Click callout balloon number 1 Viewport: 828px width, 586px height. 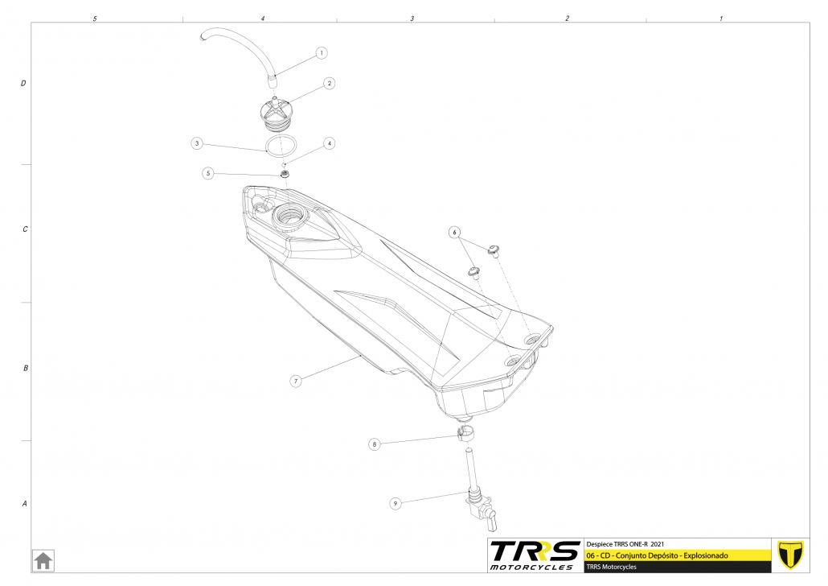click(322, 53)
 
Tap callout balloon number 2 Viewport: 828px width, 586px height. click(330, 83)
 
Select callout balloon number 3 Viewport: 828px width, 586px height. click(197, 143)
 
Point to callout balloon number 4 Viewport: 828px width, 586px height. click(330, 143)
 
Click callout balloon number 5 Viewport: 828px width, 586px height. click(208, 172)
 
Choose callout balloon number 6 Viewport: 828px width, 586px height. click(455, 232)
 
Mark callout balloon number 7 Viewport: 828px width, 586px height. click(296, 381)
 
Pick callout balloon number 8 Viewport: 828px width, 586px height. click(375, 444)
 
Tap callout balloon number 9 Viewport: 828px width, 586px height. click(396, 504)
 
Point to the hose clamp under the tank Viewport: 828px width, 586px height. click(465, 435)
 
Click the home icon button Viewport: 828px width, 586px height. click(43, 559)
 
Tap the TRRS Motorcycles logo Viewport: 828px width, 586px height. click(535, 555)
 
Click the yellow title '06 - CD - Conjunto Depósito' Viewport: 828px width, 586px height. click(658, 555)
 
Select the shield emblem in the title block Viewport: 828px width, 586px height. click(793, 554)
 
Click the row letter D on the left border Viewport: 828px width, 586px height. click(24, 83)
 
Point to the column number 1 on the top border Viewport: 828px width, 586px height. click(721, 18)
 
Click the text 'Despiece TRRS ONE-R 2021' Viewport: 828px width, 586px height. click(626, 543)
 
